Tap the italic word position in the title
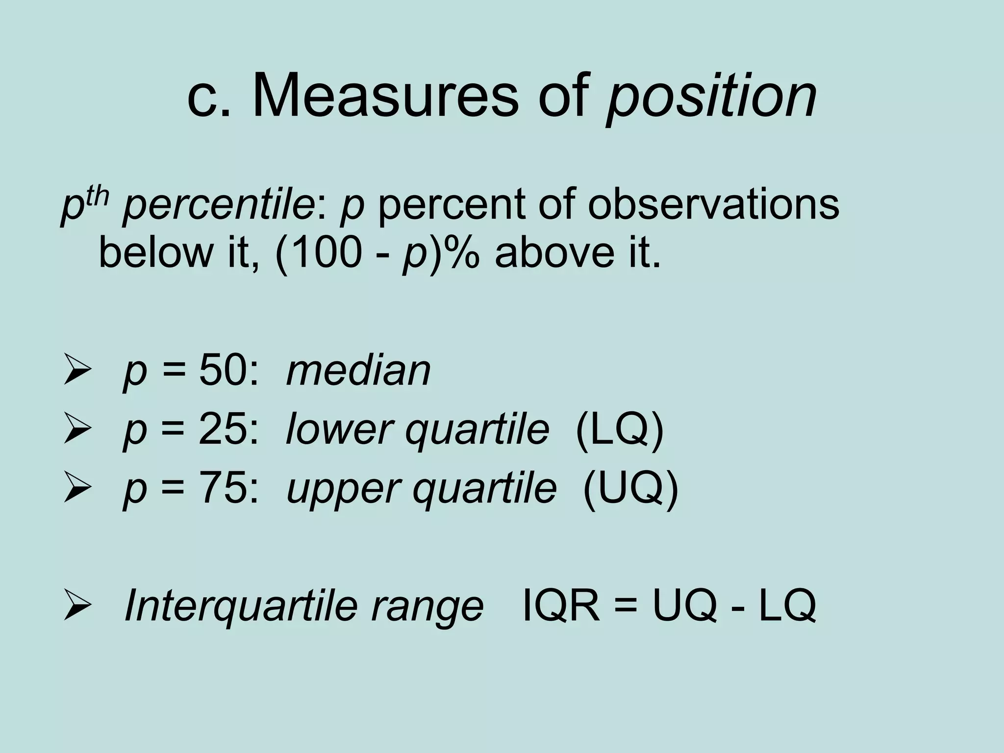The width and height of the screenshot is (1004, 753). coord(711,97)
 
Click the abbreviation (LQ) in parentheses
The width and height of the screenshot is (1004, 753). coord(619,430)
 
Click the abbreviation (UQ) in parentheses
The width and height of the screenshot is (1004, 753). coord(630,490)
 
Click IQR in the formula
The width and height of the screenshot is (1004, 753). coord(561,606)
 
